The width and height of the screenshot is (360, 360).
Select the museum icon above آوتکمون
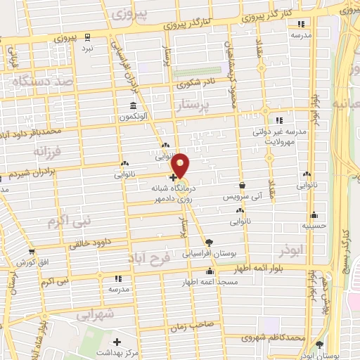131,106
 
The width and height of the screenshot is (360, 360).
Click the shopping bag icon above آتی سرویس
242,186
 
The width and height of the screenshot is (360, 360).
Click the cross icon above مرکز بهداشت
117,341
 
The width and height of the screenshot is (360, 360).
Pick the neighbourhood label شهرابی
98,316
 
